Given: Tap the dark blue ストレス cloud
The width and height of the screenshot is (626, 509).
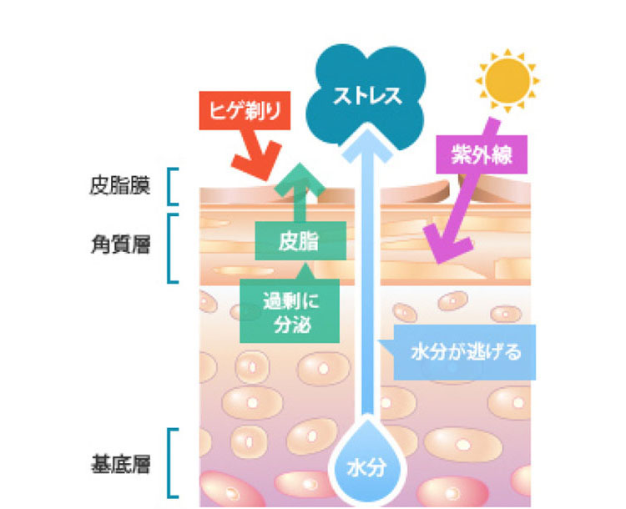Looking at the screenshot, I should [x=366, y=93].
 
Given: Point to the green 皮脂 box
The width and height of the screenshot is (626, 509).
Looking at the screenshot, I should [x=298, y=241].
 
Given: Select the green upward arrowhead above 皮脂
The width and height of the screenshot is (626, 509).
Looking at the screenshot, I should [x=298, y=179].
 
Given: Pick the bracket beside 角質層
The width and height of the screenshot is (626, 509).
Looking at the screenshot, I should [x=172, y=248].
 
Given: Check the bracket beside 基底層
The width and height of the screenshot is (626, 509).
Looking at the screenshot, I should [x=172, y=464].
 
